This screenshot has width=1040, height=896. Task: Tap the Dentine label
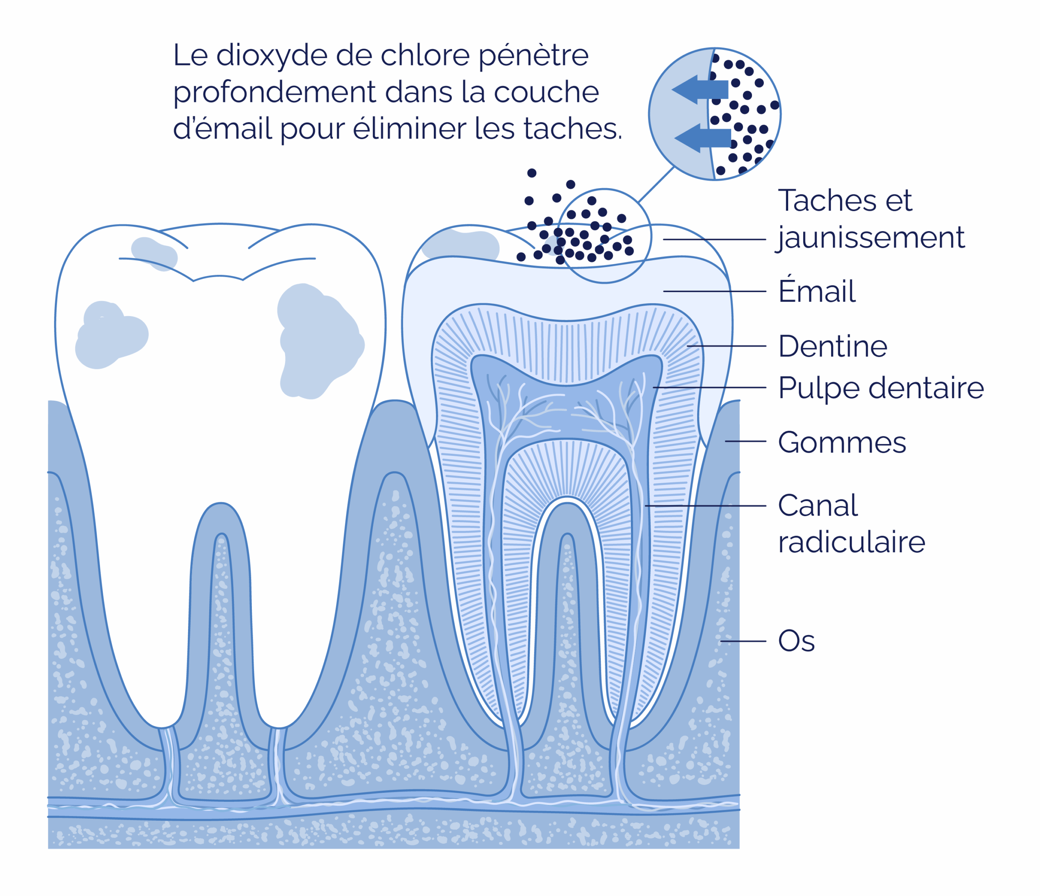click(x=833, y=346)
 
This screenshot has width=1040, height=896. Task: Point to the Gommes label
click(x=842, y=442)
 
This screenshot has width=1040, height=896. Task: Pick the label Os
click(x=796, y=641)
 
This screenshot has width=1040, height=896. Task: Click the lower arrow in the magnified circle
click(x=703, y=137)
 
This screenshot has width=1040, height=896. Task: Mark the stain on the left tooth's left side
click(x=111, y=335)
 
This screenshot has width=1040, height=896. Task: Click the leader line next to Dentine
click(x=726, y=346)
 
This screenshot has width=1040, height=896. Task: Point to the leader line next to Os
click(x=743, y=641)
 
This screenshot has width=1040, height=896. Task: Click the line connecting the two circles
click(x=656, y=185)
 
